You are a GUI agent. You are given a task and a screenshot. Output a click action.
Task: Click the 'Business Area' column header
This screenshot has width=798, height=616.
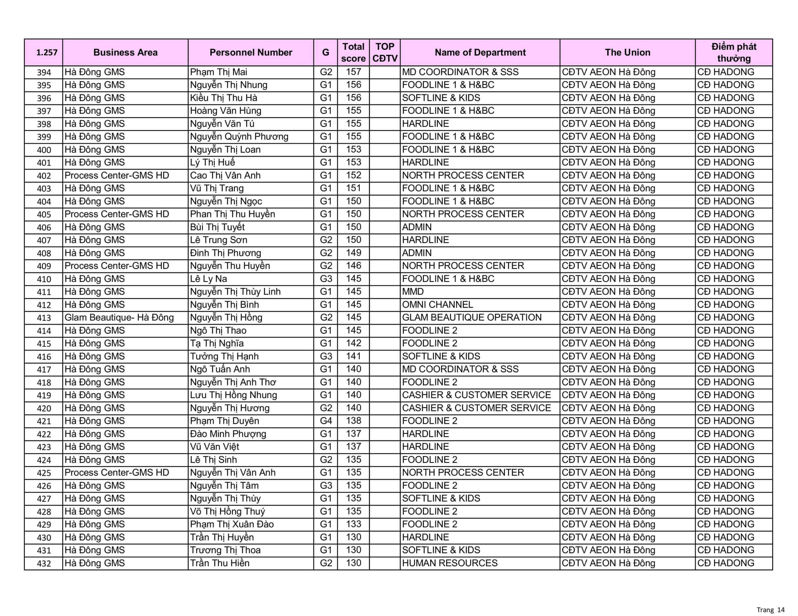coord(125,53)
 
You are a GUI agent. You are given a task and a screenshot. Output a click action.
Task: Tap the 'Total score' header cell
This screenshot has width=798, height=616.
coord(353,53)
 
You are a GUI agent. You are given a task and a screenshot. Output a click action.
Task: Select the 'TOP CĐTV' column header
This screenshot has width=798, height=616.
coord(385,53)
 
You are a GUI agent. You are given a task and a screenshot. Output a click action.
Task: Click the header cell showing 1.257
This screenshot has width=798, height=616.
coord(47,53)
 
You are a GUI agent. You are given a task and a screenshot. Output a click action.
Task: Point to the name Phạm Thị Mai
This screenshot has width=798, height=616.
coord(219,72)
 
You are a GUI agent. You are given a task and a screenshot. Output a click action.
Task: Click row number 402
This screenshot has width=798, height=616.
coord(44,176)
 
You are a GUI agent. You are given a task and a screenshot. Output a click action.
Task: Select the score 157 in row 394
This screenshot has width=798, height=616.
coord(353,72)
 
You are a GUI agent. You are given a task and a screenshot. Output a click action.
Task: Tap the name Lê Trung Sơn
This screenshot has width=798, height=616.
coord(219,240)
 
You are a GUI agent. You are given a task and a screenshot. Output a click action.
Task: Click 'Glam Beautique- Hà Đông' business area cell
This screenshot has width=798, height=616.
coord(119,317)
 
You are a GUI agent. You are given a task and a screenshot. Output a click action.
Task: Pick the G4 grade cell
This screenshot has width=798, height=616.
coord(325,421)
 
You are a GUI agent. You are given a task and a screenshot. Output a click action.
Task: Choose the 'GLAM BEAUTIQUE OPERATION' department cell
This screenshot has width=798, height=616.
coord(472,317)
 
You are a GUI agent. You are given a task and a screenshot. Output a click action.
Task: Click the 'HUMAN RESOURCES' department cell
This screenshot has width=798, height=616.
coord(450,563)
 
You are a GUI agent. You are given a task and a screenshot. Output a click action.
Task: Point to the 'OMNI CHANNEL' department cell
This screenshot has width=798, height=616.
coord(437,305)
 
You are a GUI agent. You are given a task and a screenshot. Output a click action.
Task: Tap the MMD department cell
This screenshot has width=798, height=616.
coord(413,291)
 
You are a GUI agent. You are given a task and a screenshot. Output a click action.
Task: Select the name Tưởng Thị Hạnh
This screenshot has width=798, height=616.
coord(224,356)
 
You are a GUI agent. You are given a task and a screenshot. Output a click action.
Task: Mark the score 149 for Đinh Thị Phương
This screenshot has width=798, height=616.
coord(353,253)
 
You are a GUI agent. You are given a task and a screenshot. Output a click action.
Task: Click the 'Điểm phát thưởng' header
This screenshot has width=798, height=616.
coord(733,53)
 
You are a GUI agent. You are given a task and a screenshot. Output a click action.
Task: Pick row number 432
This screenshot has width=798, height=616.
coord(44,563)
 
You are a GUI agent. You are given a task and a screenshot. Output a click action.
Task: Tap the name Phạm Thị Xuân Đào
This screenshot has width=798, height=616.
coord(232,524)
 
